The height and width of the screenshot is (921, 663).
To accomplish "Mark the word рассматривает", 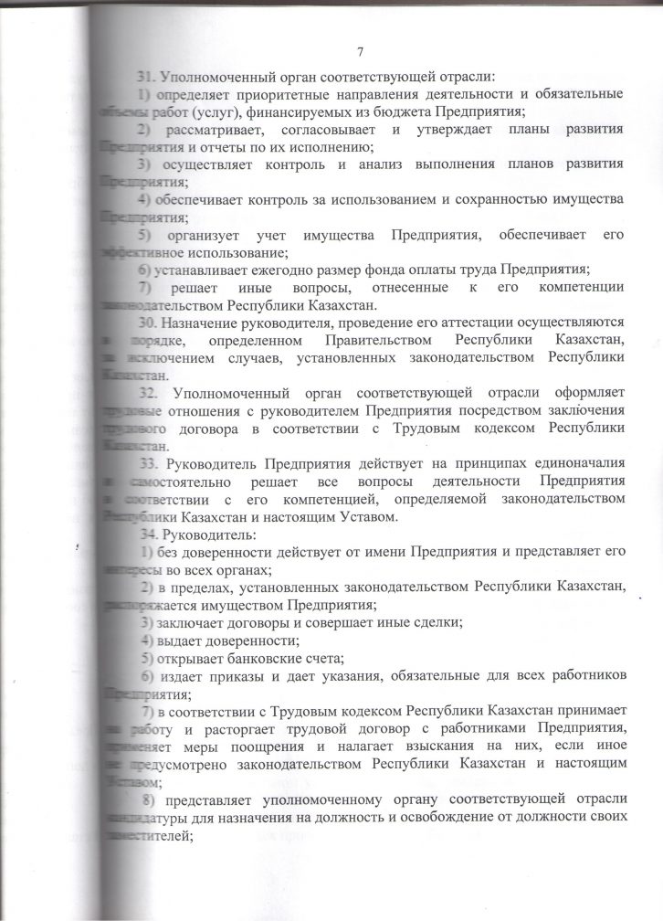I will (213, 129).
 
